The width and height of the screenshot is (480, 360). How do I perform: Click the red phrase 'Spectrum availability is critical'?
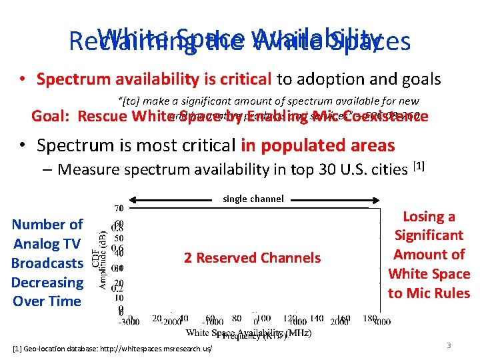click(x=154, y=79)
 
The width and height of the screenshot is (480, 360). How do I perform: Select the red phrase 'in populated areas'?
click(x=318, y=145)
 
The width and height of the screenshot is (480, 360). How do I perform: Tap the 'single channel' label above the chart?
click(x=253, y=199)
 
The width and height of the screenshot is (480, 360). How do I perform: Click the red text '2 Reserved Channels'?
click(x=252, y=257)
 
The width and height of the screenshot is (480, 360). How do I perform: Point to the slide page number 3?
click(x=449, y=345)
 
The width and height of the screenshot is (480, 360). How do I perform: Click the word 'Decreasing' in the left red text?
click(x=47, y=282)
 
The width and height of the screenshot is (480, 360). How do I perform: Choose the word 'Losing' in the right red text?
click(x=429, y=217)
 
